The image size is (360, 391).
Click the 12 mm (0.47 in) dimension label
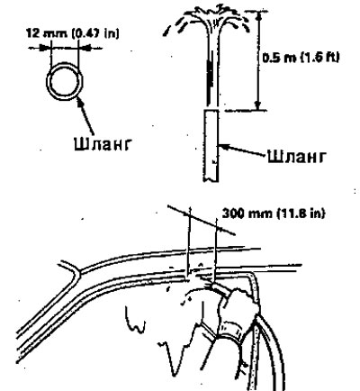[x=73, y=32]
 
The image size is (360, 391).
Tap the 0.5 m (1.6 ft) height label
[x=301, y=57]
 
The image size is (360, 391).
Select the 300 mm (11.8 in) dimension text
[x=274, y=214]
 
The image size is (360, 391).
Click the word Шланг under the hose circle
[x=103, y=143]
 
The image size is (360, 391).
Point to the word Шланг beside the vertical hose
[x=296, y=156]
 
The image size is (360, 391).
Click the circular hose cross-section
[x=65, y=65]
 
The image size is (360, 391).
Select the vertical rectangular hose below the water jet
[x=211, y=146]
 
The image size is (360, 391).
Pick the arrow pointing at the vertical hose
[x=242, y=150]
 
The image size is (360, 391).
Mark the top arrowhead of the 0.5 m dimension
[x=259, y=15]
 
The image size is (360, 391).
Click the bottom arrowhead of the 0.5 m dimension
[x=257, y=105]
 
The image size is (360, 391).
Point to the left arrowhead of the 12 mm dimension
[x=44, y=48]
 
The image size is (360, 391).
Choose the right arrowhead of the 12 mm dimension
[x=84, y=48]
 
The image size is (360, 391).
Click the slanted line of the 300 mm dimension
[x=202, y=220]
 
